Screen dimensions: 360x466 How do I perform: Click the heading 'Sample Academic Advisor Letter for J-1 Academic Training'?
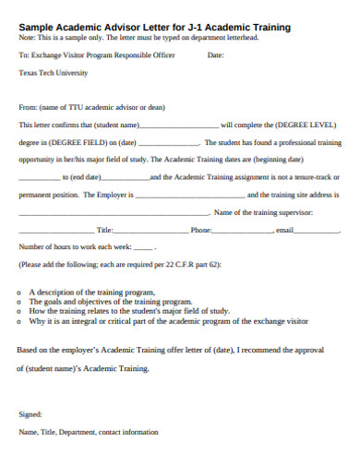click(154, 28)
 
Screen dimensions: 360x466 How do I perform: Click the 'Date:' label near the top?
click(216, 55)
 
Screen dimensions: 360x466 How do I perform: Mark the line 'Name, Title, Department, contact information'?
click(88, 432)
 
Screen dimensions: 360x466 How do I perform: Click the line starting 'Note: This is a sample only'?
click(138, 38)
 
